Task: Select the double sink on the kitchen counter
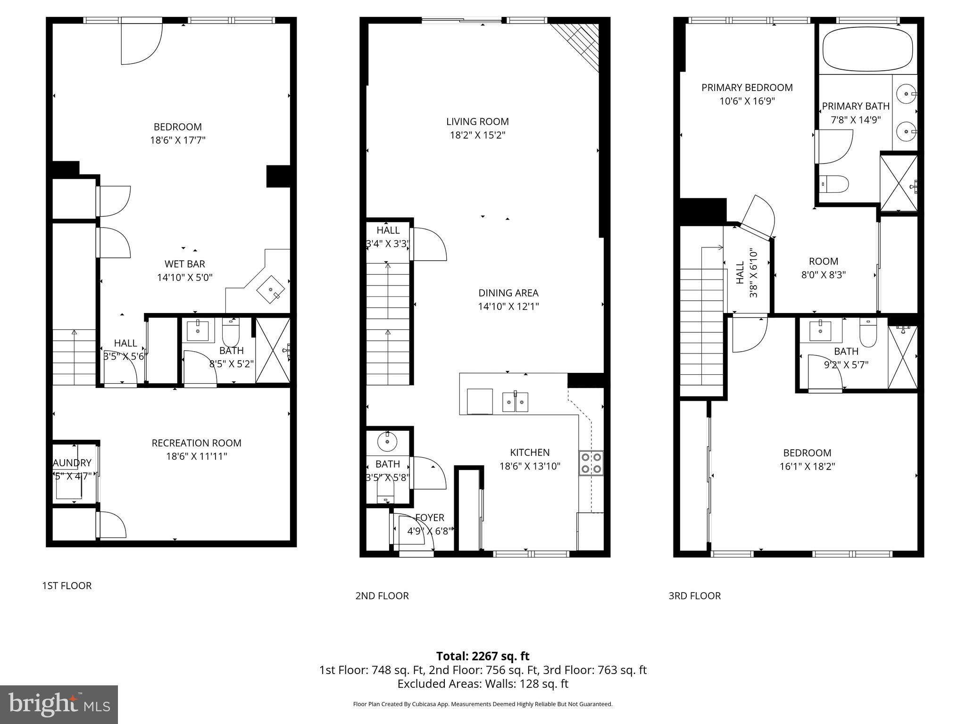pyautogui.click(x=515, y=402)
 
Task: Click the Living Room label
pyautogui.click(x=477, y=122)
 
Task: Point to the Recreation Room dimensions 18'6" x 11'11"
pyautogui.click(x=196, y=456)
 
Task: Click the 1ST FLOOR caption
pyautogui.click(x=67, y=585)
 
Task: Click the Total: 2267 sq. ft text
pyautogui.click(x=483, y=656)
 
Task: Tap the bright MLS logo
pyautogui.click(x=59, y=704)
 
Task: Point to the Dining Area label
pyautogui.click(x=508, y=293)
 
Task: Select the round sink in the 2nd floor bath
pyautogui.click(x=387, y=442)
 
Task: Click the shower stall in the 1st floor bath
pyautogui.click(x=273, y=350)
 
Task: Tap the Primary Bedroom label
pyautogui.click(x=747, y=88)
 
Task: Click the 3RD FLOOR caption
pyautogui.click(x=694, y=596)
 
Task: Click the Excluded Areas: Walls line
pyautogui.click(x=483, y=684)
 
